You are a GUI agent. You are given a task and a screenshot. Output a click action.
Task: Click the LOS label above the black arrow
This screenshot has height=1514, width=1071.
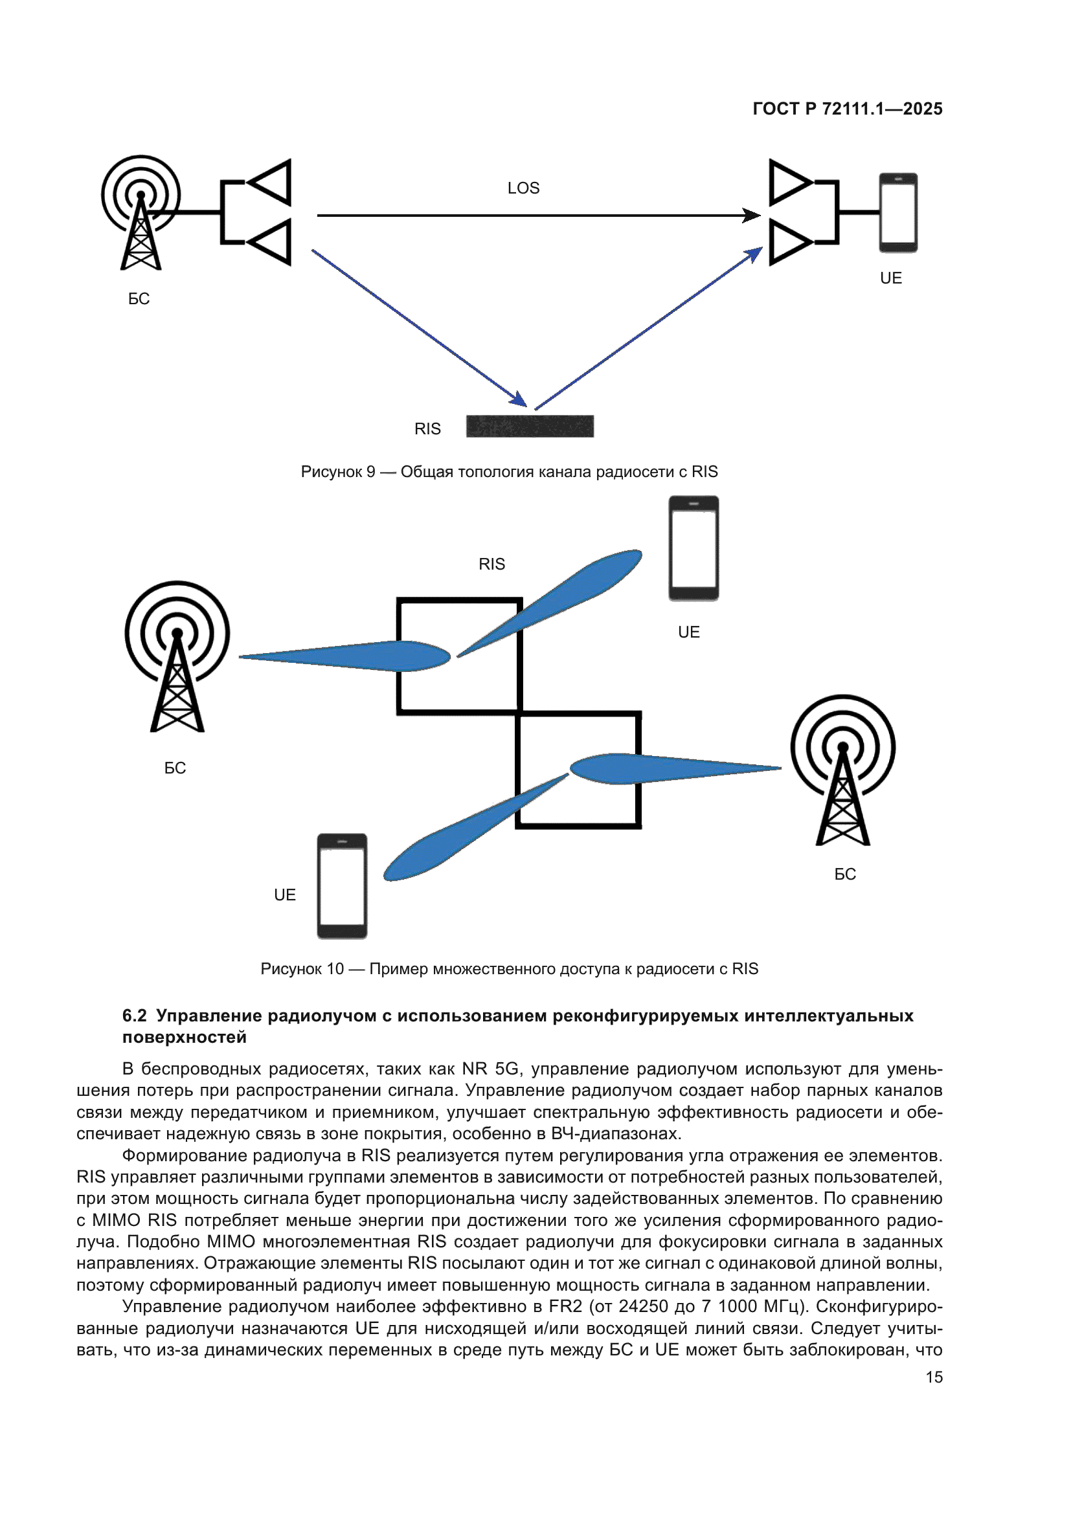[x=523, y=188]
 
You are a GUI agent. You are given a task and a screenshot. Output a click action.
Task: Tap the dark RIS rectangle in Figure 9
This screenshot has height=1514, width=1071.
[x=530, y=426]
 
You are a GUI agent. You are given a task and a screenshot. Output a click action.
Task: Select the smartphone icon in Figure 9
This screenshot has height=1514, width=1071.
[x=897, y=212]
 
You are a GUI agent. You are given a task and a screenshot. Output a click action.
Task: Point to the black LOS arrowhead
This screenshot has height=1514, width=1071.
[x=751, y=216]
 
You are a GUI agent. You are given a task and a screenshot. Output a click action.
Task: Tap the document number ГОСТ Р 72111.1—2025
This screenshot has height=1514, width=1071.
[x=847, y=109]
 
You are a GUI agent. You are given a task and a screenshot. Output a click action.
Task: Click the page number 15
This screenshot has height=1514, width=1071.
[x=934, y=1377]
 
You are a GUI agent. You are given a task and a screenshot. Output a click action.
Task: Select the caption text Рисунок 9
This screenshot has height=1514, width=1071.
[x=337, y=472]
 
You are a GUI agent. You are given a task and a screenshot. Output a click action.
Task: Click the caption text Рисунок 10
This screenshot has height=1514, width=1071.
[x=302, y=969]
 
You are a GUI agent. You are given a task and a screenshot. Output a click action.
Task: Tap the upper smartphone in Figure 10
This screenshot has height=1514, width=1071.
[x=693, y=548]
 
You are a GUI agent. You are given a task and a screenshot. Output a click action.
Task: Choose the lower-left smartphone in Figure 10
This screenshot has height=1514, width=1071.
[x=342, y=885]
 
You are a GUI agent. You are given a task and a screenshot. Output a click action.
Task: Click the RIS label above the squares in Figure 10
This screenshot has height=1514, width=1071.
[x=491, y=564]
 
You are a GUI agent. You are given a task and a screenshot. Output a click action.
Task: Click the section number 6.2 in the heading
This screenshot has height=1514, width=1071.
[x=134, y=1016]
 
